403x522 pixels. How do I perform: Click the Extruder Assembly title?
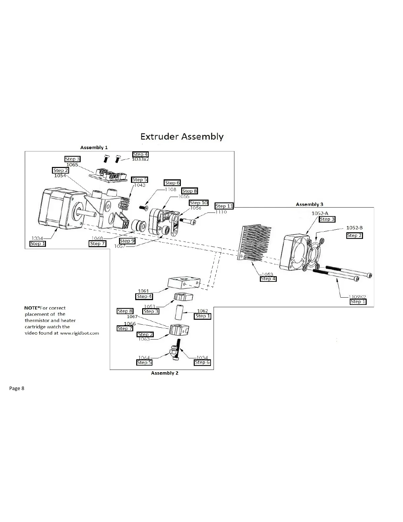click(182, 136)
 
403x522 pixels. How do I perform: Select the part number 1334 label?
click(37, 238)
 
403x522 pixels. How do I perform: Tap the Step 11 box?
click(224, 206)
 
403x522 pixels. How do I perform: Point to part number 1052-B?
click(354, 228)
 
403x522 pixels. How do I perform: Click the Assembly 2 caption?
click(165, 373)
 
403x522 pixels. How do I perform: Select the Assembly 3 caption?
click(309, 204)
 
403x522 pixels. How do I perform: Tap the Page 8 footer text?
click(17, 388)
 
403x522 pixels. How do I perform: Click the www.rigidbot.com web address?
click(79, 333)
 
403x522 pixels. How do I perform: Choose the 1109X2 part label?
click(357, 297)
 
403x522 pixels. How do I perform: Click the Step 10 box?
click(198, 203)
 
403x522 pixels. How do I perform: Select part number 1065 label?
click(72, 164)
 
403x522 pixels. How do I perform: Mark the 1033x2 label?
click(140, 159)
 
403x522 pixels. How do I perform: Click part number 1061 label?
click(143, 291)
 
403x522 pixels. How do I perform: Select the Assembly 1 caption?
click(94, 147)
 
